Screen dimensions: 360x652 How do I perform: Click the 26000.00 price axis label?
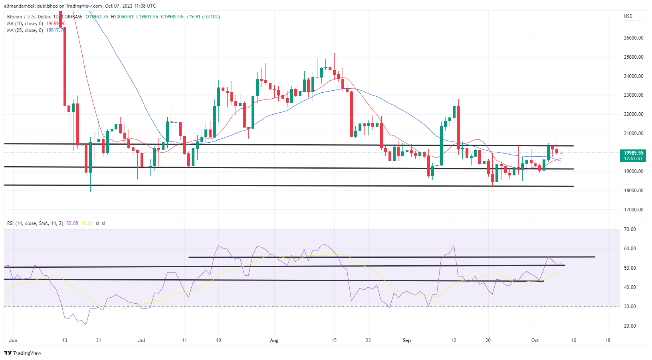click(x=633, y=38)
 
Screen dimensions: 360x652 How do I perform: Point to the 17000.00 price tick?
click(x=633, y=209)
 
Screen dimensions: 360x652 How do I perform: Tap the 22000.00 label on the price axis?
click(x=633, y=114)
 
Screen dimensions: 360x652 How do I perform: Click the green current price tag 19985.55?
click(x=633, y=153)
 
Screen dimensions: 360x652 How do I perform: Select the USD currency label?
click(x=628, y=16)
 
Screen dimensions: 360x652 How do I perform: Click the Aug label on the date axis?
click(x=274, y=340)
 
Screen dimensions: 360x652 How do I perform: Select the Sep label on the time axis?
click(x=406, y=340)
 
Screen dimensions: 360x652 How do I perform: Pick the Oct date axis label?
click(x=535, y=340)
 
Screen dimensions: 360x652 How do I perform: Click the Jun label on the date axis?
click(x=13, y=340)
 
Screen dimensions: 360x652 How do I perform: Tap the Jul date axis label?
click(x=141, y=340)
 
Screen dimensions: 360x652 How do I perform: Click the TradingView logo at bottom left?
click(x=23, y=353)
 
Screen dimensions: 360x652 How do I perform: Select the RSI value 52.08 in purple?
click(x=72, y=223)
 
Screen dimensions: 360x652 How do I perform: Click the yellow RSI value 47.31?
click(x=87, y=223)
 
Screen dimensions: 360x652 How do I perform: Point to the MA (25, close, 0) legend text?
click(x=25, y=30)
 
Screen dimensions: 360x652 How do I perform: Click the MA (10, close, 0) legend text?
click(x=25, y=24)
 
